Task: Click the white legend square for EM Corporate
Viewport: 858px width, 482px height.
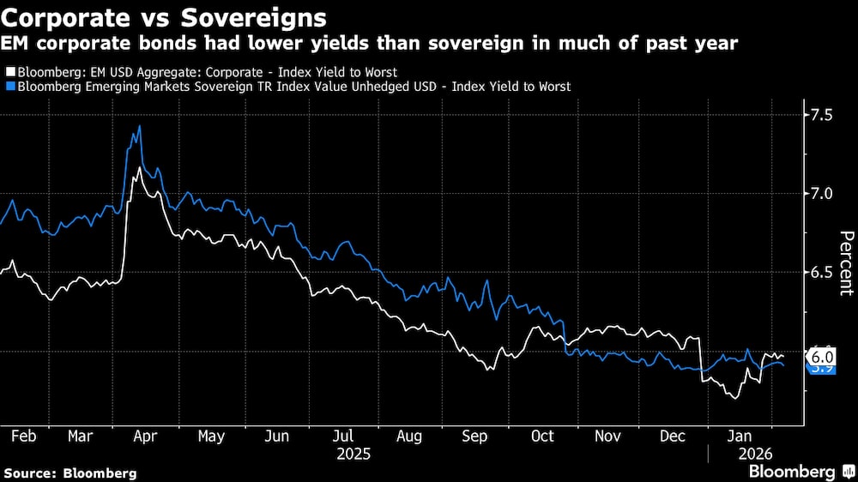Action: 9,72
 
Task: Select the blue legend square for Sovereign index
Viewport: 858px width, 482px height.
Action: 9,87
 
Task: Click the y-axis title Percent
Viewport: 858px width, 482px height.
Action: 846,262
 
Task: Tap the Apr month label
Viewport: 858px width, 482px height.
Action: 144,436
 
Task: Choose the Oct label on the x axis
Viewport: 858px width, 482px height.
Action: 542,436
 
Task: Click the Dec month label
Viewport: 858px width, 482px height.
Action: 673,436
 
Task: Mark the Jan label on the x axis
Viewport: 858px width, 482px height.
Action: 740,436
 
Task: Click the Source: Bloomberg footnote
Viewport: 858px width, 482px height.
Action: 70,473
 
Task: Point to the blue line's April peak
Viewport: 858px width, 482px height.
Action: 139,126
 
